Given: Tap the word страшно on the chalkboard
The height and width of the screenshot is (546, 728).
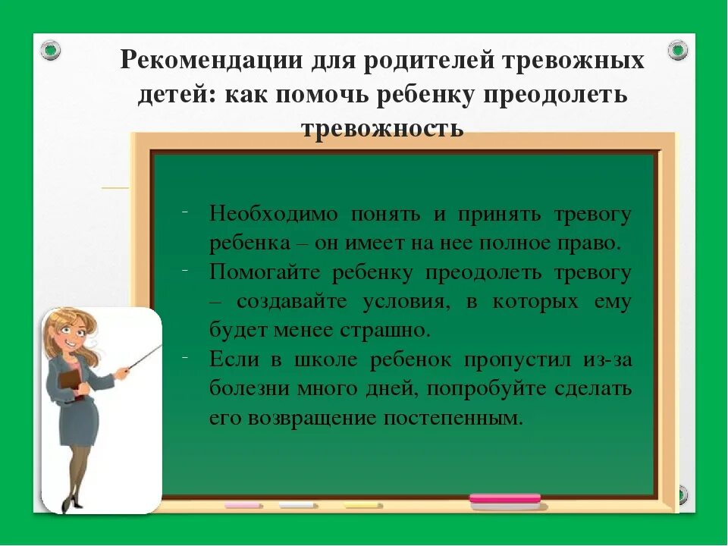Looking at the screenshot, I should (x=391, y=331).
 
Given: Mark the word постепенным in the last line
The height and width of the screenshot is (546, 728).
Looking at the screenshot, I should (x=453, y=418).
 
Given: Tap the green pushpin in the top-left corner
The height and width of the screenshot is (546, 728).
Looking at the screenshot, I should (x=51, y=51).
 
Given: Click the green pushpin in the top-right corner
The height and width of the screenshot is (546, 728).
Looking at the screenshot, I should (x=677, y=51).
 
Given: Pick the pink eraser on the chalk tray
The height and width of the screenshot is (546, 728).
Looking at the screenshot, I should (x=504, y=499).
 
